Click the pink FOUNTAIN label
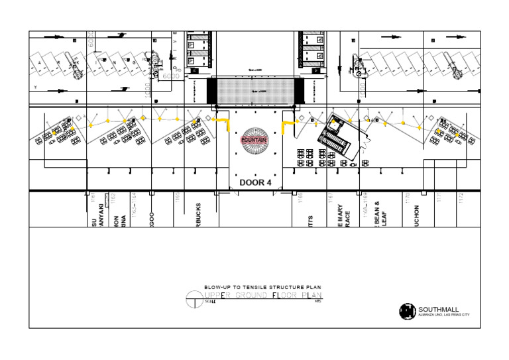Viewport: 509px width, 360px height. pyautogui.click(x=256, y=140)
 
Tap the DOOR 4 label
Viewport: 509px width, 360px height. pyautogui.click(x=256, y=182)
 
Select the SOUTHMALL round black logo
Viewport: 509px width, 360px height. pyautogui.click(x=408, y=311)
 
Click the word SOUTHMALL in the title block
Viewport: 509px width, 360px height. pyautogui.click(x=439, y=309)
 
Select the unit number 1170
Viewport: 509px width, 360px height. pyautogui.click(x=408, y=198)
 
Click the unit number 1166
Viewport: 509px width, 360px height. pyautogui.click(x=300, y=197)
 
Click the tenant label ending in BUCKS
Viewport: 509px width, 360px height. pyautogui.click(x=198, y=215)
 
